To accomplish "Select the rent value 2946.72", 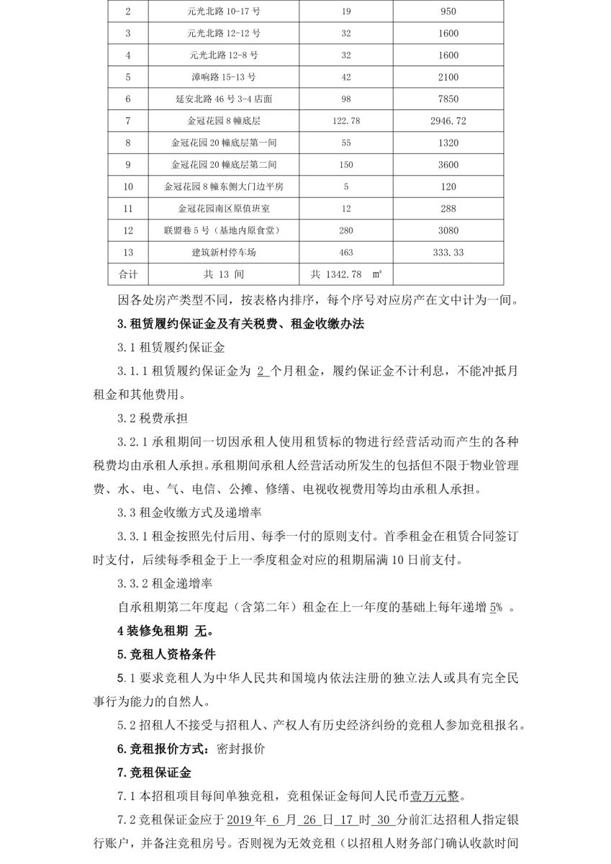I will pos(448,121).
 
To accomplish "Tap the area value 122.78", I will pos(346,121).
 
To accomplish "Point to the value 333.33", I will pos(448,253).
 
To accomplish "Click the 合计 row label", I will pos(128,275).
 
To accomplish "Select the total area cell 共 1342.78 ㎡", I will pos(345,275).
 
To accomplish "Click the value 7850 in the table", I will pos(448,99).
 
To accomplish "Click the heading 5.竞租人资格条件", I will pos(166,654).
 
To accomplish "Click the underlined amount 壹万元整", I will pos(435,797).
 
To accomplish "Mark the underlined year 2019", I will pos(242,821).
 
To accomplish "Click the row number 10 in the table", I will pos(128,187).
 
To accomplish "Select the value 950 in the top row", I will pos(448,12).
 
